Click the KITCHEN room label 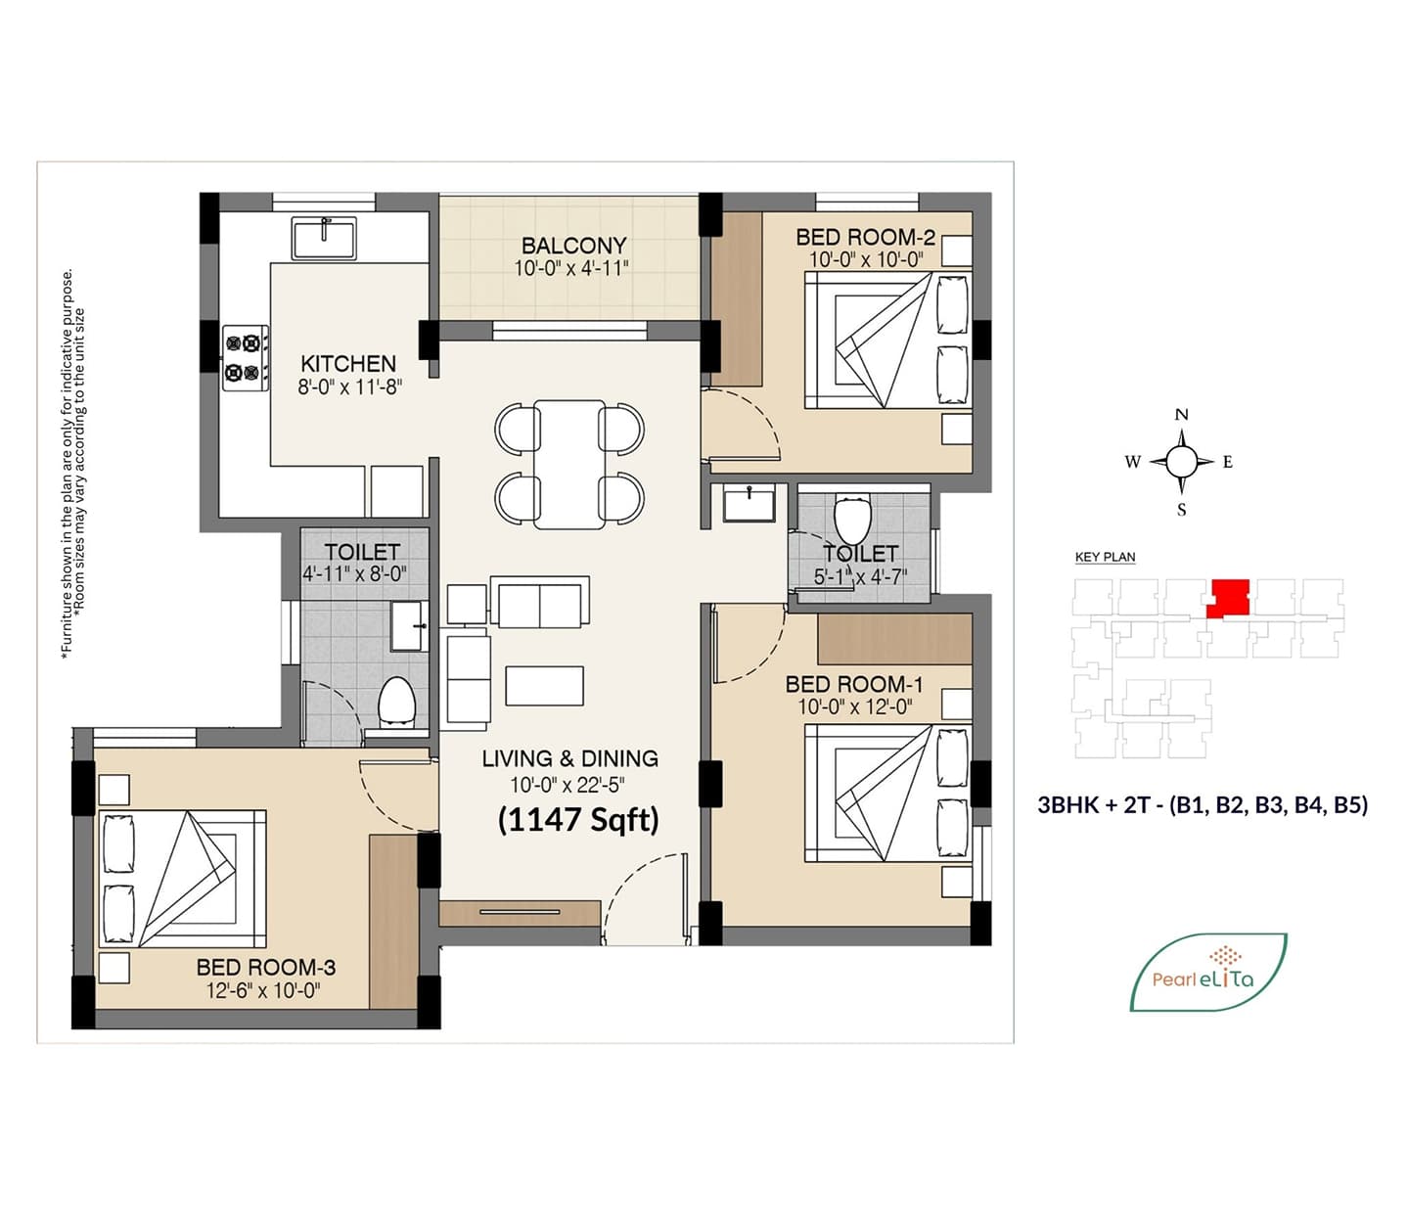[x=348, y=363]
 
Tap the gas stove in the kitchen [x=245, y=357]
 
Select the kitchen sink [x=324, y=238]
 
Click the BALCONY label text [x=574, y=245]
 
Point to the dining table [x=569, y=465]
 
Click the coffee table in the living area [x=544, y=686]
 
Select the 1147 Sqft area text [x=578, y=820]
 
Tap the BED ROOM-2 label [x=865, y=238]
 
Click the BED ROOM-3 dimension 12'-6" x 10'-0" [x=263, y=990]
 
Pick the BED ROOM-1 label [x=854, y=684]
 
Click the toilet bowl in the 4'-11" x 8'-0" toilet [x=396, y=702]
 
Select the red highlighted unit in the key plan [x=1228, y=599]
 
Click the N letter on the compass [x=1181, y=414]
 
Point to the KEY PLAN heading [x=1106, y=557]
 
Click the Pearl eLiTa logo [x=1207, y=972]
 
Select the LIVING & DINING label [x=569, y=758]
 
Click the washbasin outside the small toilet [x=749, y=503]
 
